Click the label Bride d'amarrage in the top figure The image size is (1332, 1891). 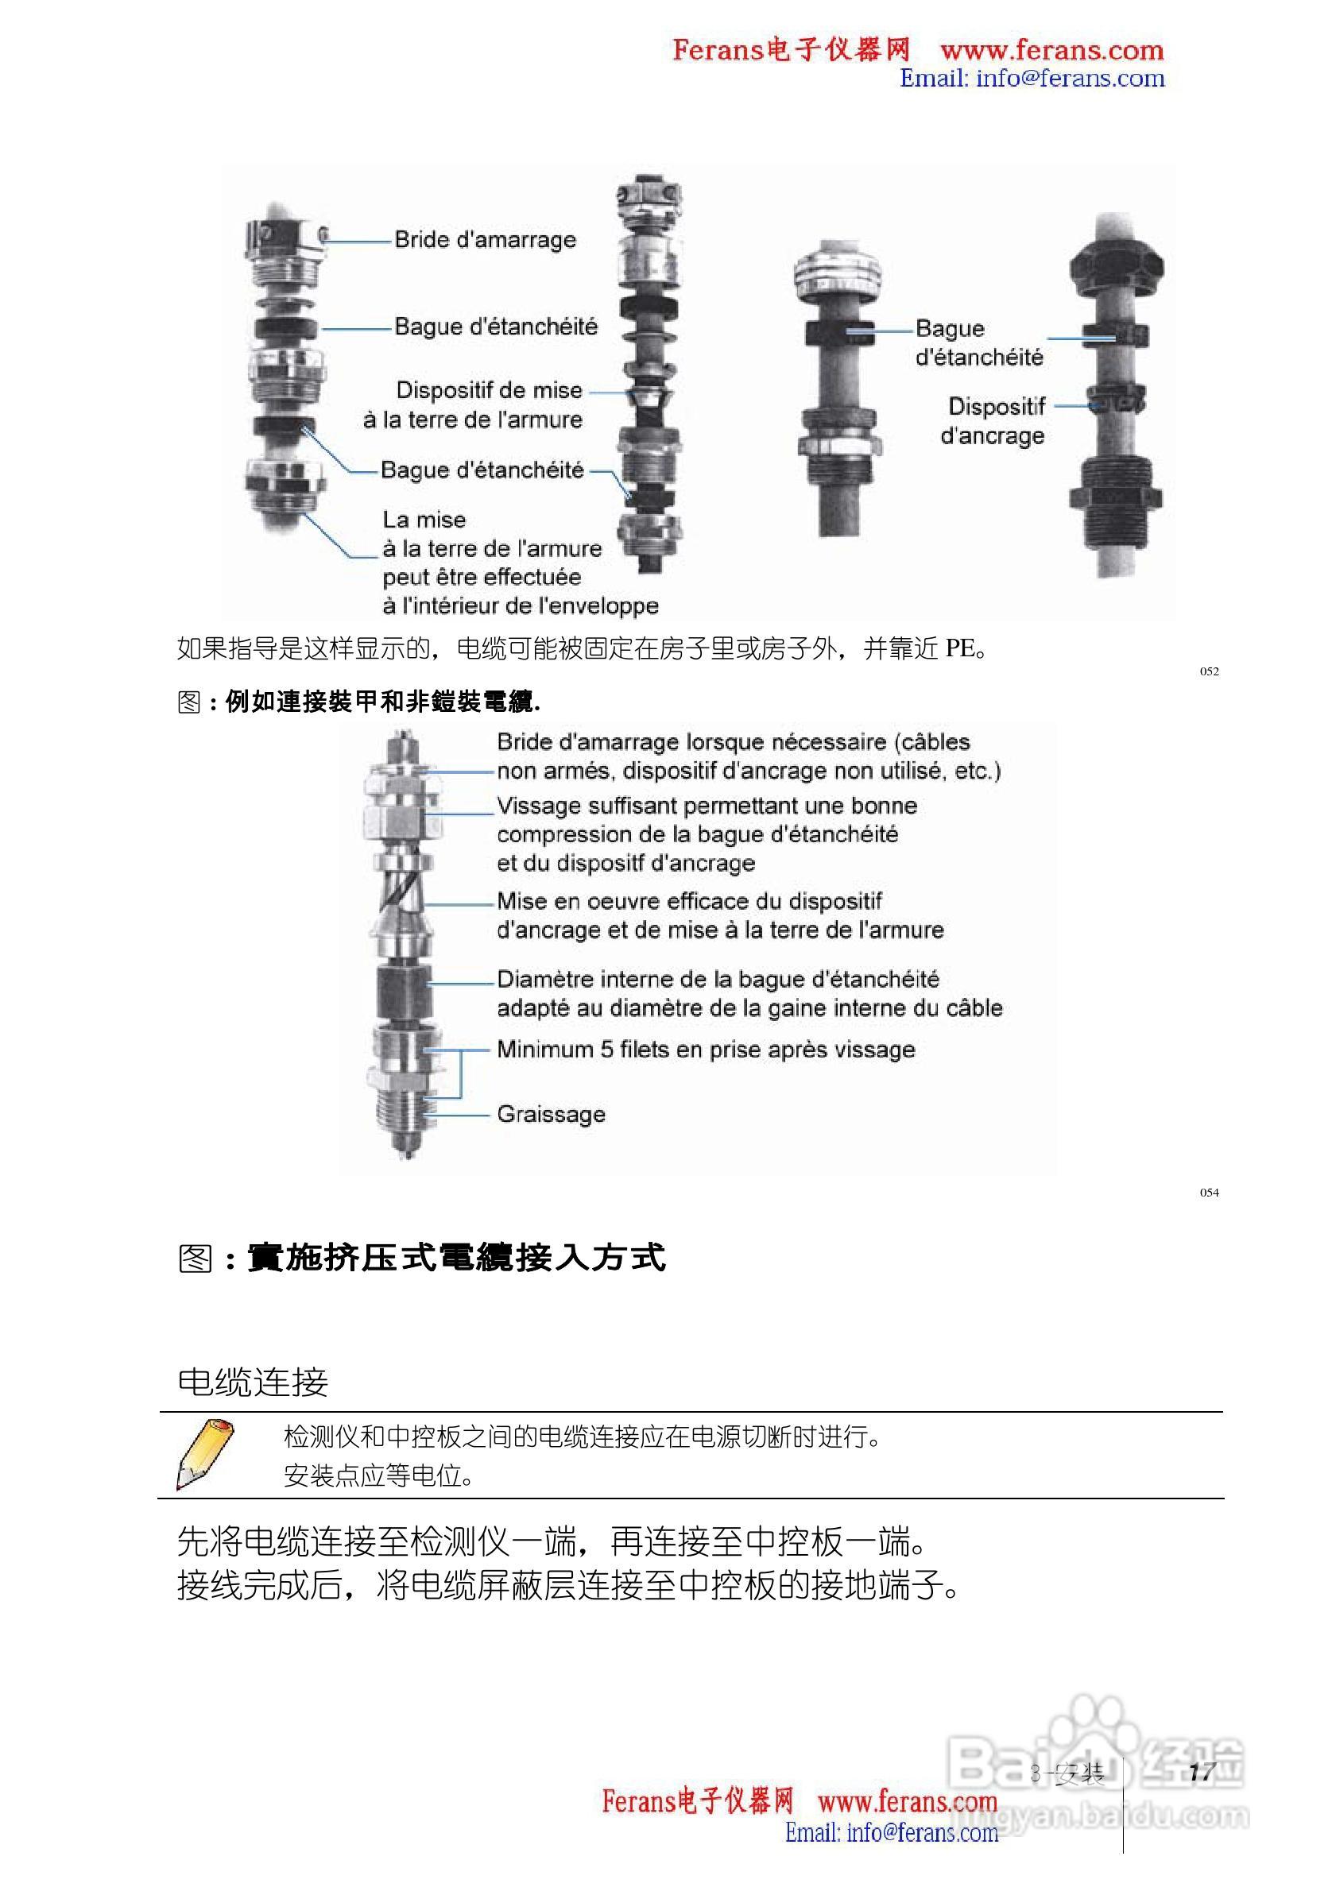coord(484,240)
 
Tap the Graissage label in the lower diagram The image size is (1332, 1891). coord(550,1114)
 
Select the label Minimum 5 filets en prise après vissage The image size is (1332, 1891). coord(705,1050)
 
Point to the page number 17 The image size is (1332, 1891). coord(1202,1773)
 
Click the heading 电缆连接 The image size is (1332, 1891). coord(252,1382)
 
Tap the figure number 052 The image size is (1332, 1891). coord(1209,671)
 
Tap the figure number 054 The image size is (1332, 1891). coord(1209,1193)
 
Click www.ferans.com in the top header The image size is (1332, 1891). coord(1051,51)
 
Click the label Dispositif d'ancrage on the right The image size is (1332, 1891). coord(993,421)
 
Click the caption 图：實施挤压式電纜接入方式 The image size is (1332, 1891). coord(421,1258)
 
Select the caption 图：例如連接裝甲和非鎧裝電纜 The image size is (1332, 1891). coord(358,702)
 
